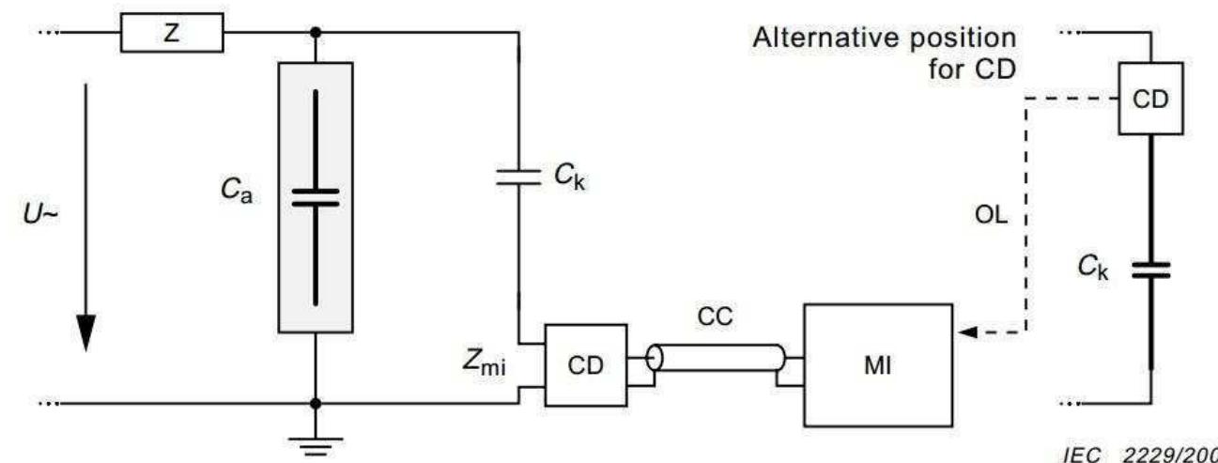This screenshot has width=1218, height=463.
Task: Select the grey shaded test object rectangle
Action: (x=316, y=196)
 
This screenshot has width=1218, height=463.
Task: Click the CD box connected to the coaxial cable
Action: (x=586, y=365)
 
